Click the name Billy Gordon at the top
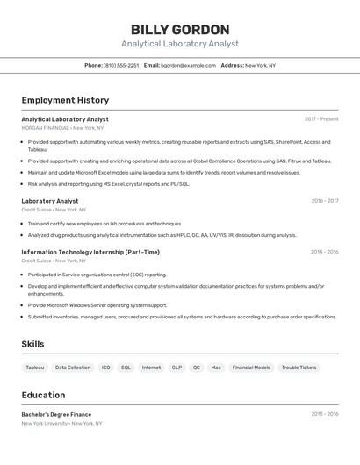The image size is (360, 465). [x=180, y=29]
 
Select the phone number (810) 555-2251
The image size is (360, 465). [x=121, y=65]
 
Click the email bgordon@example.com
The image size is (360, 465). [x=188, y=65]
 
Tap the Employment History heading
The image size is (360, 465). [x=65, y=100]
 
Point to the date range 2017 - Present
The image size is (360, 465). [x=321, y=119]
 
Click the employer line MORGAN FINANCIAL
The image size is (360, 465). [x=46, y=128]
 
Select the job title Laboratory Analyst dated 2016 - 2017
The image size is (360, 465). [x=50, y=201]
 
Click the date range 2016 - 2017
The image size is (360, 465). [x=324, y=201]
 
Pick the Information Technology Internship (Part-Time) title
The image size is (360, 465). [x=90, y=252]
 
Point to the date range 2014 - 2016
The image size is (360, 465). [x=324, y=252]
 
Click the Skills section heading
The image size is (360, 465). [x=32, y=344]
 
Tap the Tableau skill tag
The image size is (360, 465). [x=35, y=368]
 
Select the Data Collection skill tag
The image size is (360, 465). [x=73, y=368]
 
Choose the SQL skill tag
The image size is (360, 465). [x=126, y=368]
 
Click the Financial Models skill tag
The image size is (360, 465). [x=251, y=368]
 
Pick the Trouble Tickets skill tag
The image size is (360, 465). [x=299, y=368]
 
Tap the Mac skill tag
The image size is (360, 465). [x=216, y=368]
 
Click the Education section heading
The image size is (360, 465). [x=43, y=395]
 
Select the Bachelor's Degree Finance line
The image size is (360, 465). [x=56, y=414]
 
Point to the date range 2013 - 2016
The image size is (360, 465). [x=324, y=414]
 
